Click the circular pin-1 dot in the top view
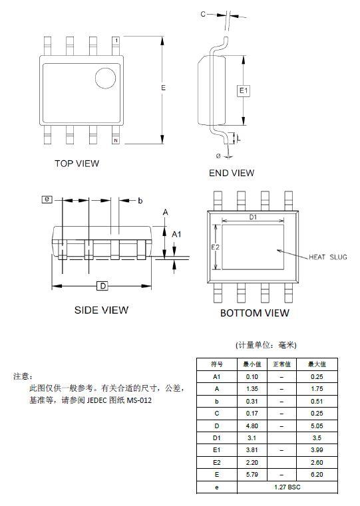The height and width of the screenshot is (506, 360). [105, 78]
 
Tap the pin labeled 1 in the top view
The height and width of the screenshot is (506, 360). [116, 46]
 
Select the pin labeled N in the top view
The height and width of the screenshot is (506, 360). [116, 134]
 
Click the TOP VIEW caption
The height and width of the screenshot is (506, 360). [77, 164]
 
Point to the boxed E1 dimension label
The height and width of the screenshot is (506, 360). [244, 90]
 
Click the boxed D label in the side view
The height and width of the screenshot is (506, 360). [102, 286]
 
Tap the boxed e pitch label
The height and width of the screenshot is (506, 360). [47, 199]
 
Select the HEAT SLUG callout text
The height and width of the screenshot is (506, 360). [328, 257]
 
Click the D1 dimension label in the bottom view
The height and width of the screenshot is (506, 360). [253, 217]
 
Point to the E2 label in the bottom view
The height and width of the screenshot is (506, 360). [216, 247]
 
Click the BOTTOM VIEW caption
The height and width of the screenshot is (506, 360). [255, 313]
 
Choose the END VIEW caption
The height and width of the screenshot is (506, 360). [232, 173]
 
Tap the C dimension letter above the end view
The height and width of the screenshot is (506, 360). [203, 14]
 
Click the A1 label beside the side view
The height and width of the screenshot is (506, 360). [176, 234]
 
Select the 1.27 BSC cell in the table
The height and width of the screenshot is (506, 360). [287, 487]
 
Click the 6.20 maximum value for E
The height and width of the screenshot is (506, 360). [317, 475]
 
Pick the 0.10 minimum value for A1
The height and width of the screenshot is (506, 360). [252, 377]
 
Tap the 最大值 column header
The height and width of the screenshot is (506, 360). [317, 364]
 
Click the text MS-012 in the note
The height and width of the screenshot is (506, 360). [139, 400]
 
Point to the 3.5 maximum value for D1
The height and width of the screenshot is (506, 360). [317, 438]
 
